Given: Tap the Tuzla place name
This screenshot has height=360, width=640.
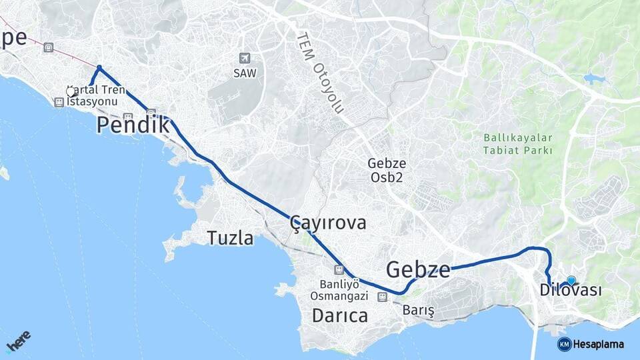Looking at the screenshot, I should [230, 238].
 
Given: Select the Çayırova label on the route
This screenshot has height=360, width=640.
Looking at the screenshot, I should [329, 223].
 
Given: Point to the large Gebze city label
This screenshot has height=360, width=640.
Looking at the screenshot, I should [418, 269].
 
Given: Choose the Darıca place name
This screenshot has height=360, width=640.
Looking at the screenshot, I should [340, 315].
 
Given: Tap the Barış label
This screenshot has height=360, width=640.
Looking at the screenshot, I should [419, 311].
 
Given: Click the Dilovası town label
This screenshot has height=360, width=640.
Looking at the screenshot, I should [571, 291].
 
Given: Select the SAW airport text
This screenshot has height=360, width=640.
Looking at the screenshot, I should [245, 73].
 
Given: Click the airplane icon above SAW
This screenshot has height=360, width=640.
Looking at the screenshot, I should [245, 58].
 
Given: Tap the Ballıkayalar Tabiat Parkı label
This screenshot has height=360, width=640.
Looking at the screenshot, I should [518, 143].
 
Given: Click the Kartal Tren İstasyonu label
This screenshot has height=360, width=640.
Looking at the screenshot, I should [94, 95].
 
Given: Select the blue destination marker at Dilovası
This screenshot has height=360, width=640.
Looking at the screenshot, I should [571, 281].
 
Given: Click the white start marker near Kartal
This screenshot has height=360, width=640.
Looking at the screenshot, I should [71, 92].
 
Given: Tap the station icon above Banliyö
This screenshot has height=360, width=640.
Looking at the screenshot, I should [339, 269].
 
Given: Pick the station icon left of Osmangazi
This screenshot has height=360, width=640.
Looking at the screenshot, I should [381, 297].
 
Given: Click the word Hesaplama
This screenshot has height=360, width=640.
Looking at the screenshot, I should [599, 344].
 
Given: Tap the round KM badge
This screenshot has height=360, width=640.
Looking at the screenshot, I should [564, 344].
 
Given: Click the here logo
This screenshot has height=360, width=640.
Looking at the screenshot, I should [19, 344].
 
